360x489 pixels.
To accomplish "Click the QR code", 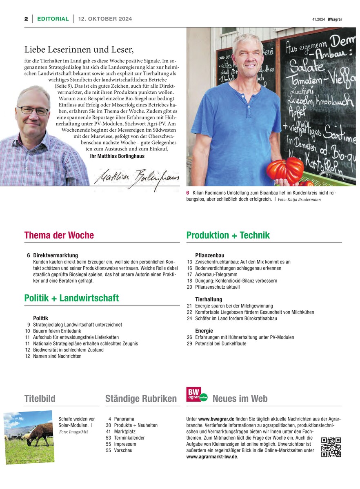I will (331, 447).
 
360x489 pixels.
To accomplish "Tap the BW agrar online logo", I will (197, 394).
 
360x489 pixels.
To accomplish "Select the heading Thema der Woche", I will (59, 235).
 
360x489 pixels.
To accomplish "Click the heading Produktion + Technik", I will (228, 235).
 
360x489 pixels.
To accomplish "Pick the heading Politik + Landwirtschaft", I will (71, 298).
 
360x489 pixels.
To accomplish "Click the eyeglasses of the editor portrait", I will (33, 111).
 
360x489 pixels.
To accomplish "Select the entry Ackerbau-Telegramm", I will (216, 274).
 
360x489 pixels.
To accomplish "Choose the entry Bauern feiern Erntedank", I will (58, 331).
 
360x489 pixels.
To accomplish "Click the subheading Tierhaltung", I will (209, 299).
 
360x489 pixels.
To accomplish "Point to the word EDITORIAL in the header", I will (53, 19).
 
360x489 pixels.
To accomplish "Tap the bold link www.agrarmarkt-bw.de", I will (212, 457).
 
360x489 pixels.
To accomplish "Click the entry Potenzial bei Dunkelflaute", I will (220, 343).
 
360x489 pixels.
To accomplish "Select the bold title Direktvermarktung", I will (56, 255).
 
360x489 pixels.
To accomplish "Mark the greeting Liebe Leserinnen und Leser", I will (79, 50).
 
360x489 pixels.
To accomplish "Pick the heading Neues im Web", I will (240, 398).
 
